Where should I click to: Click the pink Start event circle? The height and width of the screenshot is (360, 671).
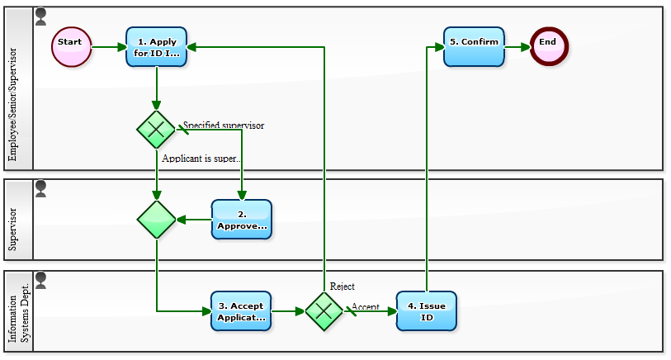point(71,46)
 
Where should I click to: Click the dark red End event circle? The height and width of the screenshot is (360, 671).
point(549,46)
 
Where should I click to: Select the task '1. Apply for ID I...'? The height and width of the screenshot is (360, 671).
point(157,47)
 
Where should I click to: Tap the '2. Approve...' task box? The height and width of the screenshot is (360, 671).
point(241,220)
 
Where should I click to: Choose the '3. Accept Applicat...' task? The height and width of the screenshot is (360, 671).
point(240,311)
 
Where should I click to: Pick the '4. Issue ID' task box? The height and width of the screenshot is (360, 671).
point(426,311)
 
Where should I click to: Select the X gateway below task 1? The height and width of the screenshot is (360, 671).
point(156,129)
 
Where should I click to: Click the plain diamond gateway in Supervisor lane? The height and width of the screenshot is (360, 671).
point(156,220)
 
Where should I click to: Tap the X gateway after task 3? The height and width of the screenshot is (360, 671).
point(324,311)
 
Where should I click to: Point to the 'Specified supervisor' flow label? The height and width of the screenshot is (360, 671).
point(224,126)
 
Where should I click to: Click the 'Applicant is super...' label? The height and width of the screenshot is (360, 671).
point(203,158)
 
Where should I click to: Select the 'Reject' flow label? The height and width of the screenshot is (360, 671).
point(343,287)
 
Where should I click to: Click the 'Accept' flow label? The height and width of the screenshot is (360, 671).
point(366,307)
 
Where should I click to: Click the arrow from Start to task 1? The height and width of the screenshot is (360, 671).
point(108,47)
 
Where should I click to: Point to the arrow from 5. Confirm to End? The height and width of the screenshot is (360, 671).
point(517,47)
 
